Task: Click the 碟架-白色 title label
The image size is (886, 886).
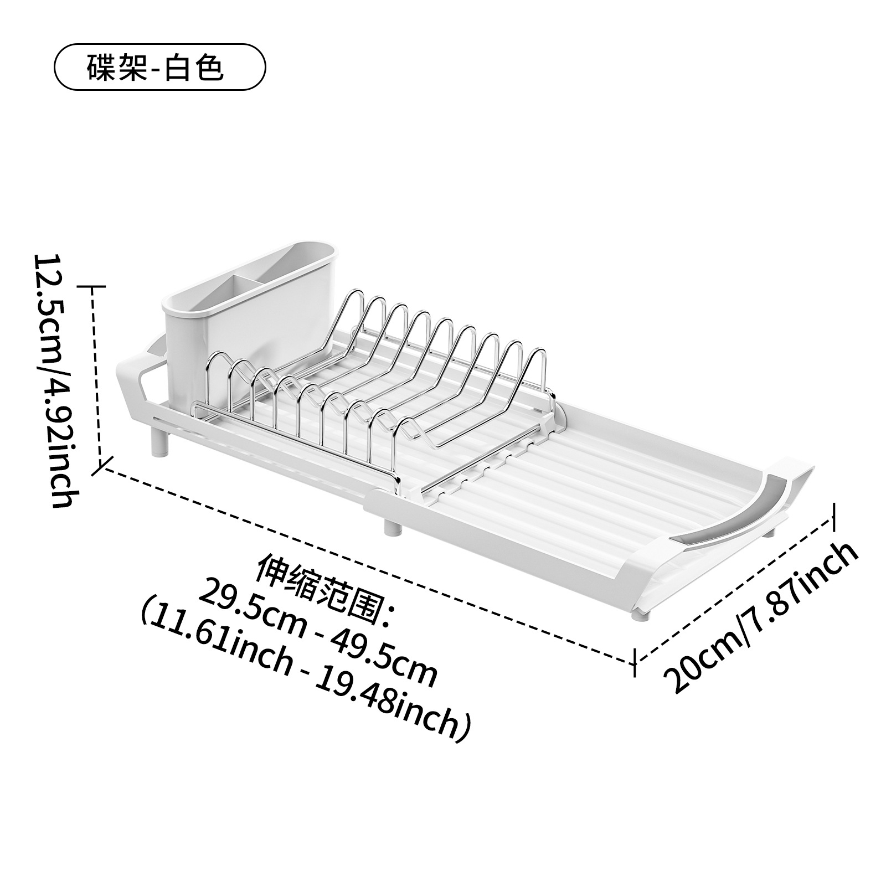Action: coord(159,68)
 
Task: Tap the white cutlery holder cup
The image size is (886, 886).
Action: coord(205,327)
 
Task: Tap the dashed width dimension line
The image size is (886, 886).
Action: coord(736,587)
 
